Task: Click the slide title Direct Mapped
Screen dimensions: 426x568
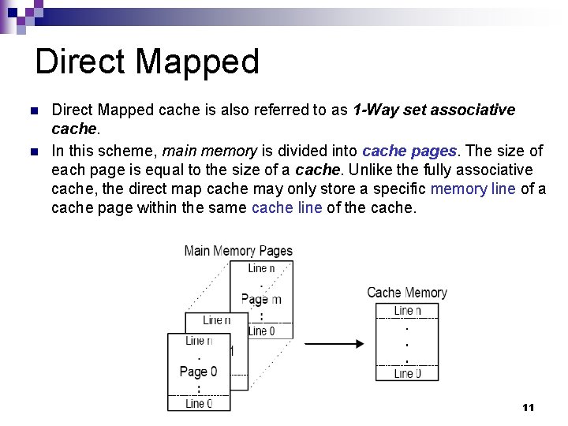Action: pyautogui.click(x=147, y=62)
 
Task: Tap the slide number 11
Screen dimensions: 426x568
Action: pyautogui.click(x=528, y=407)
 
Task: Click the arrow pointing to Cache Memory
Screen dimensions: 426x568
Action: pyautogui.click(x=334, y=344)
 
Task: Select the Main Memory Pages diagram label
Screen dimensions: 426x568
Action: pyautogui.click(x=238, y=251)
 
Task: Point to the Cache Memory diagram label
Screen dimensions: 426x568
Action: pyautogui.click(x=407, y=293)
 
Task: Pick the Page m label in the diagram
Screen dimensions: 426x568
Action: pyautogui.click(x=261, y=299)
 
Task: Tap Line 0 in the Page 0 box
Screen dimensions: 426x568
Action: pyautogui.click(x=199, y=403)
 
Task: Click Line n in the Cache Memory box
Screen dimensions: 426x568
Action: pyautogui.click(x=407, y=311)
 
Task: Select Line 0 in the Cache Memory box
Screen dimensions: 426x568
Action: pyautogui.click(x=407, y=373)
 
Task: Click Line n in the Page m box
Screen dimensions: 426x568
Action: pyautogui.click(x=261, y=268)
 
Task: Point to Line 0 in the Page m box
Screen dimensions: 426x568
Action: pyautogui.click(x=261, y=331)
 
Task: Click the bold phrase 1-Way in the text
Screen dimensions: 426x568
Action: pyautogui.click(x=376, y=110)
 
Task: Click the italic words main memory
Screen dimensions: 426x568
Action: pyautogui.click(x=209, y=151)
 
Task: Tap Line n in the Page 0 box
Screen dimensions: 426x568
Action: pyautogui.click(x=199, y=341)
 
